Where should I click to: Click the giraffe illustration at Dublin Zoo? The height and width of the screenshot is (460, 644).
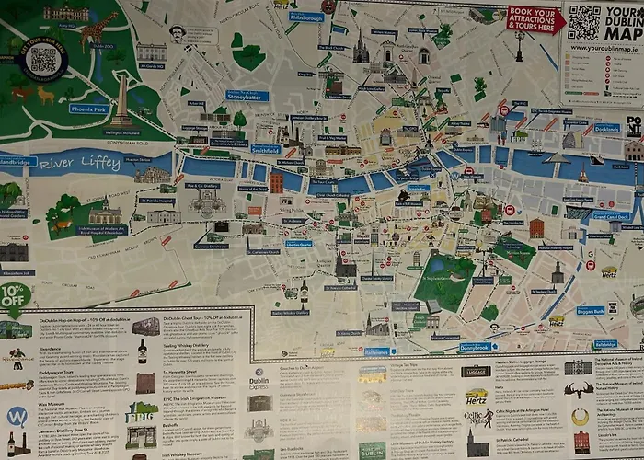click(x=96, y=32)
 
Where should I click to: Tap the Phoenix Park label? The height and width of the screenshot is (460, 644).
click(x=88, y=108)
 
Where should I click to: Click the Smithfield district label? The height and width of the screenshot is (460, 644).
click(x=265, y=148)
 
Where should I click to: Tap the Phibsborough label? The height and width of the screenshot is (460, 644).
click(x=306, y=17)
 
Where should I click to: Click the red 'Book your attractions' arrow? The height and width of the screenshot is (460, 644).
click(x=535, y=19)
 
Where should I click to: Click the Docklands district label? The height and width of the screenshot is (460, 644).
click(x=606, y=128)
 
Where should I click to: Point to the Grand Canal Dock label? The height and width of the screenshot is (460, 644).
click(x=611, y=216)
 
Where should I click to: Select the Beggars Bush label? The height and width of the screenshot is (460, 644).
click(x=591, y=311)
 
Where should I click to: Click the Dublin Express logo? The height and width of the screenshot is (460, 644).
click(x=260, y=374)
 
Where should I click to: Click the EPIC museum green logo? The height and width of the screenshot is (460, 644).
click(x=142, y=411)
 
